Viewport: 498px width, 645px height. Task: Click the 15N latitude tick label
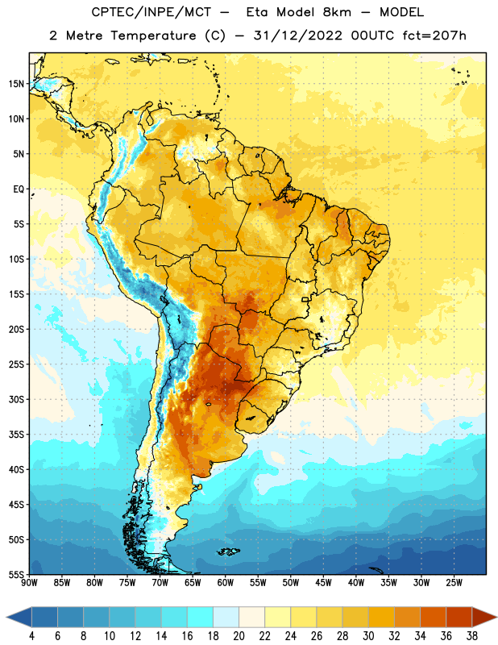click(x=16, y=84)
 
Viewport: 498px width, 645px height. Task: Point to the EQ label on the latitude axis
click(x=19, y=189)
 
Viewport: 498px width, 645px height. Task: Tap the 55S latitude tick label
click(x=16, y=574)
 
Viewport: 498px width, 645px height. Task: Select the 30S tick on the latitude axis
click(x=16, y=399)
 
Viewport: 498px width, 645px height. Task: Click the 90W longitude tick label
click(x=29, y=583)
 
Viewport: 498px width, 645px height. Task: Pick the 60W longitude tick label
click(x=226, y=583)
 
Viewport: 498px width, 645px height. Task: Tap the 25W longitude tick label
click(x=454, y=583)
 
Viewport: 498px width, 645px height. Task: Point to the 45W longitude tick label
click(x=324, y=583)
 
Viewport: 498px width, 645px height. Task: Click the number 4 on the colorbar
click(x=31, y=636)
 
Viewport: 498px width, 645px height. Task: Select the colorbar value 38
click(x=472, y=636)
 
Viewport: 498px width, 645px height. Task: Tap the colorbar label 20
click(x=239, y=636)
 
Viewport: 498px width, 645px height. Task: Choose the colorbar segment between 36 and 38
click(x=459, y=618)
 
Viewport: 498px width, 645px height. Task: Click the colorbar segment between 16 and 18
click(x=201, y=618)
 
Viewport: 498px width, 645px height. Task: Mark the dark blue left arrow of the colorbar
click(x=19, y=618)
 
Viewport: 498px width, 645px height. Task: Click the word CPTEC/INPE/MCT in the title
click(x=151, y=12)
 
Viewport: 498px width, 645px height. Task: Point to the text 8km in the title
click(x=337, y=12)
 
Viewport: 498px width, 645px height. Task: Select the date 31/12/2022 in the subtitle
click(x=297, y=35)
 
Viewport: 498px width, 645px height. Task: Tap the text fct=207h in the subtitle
click(x=434, y=35)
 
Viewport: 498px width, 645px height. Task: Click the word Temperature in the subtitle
click(x=153, y=36)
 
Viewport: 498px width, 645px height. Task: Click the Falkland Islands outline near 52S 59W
click(x=228, y=551)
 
